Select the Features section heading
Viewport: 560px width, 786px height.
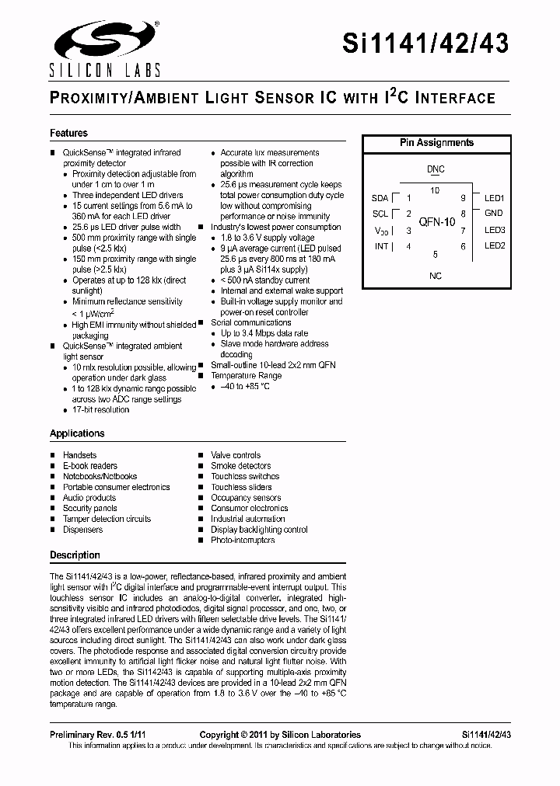click(x=68, y=134)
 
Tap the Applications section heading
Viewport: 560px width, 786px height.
click(x=77, y=433)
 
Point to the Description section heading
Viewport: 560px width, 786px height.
click(x=75, y=555)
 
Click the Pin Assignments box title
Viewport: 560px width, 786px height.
click(x=436, y=143)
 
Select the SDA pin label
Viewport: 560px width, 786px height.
click(x=380, y=198)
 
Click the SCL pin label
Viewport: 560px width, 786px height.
click(x=380, y=214)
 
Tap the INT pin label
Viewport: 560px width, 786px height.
click(x=381, y=246)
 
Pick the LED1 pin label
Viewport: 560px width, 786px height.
click(x=495, y=198)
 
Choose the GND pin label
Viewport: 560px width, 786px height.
click(x=494, y=213)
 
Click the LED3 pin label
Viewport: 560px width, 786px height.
click(x=495, y=230)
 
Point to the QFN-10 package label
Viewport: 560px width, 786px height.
click(x=436, y=222)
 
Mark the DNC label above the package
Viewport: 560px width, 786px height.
click(x=436, y=169)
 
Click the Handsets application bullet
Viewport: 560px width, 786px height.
click(x=79, y=455)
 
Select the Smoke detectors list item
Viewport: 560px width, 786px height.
click(x=241, y=466)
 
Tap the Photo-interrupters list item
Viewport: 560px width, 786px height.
click(x=243, y=540)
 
